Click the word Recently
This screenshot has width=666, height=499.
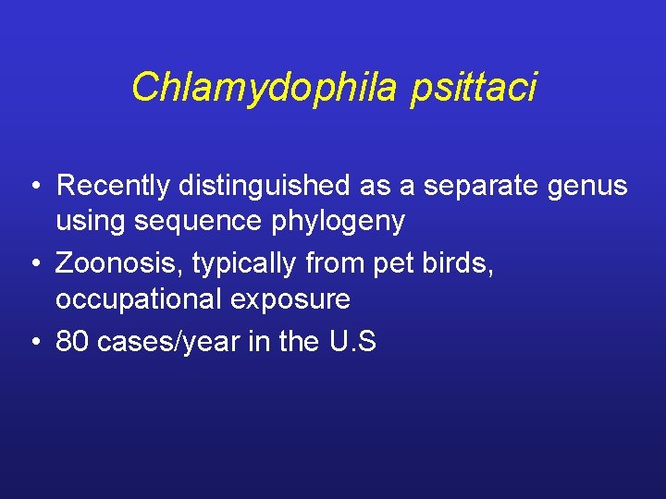coord(113,186)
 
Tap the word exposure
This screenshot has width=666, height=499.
coord(293,299)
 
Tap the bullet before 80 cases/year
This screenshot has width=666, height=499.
coord(33,343)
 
